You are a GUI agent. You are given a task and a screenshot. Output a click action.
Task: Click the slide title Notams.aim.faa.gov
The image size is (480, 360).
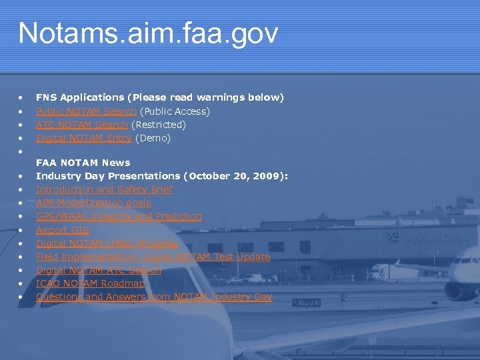tap(148, 33)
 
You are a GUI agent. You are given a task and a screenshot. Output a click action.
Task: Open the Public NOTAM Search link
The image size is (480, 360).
tap(86, 111)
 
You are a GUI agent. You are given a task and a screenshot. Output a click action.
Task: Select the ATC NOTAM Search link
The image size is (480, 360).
tap(81, 125)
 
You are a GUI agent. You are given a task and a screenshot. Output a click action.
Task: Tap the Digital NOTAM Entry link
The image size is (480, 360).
tap(83, 138)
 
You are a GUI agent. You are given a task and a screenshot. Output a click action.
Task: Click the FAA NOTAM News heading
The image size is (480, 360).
tap(83, 163)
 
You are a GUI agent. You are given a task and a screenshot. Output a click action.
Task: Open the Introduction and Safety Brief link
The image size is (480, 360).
tap(104, 189)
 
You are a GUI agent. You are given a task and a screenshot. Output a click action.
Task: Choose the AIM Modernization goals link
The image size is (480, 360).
tap(93, 203)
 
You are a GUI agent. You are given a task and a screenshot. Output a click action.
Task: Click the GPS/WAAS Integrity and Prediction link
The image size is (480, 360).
tap(119, 216)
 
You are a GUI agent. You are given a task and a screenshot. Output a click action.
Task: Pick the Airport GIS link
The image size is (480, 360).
tap(62, 230)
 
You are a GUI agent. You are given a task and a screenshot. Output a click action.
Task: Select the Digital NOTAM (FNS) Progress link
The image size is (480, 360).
tap(107, 243)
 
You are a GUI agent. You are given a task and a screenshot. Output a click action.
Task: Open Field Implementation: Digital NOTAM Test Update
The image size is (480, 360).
tap(153, 257)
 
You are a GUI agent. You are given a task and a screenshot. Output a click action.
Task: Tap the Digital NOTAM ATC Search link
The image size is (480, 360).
tap(99, 270)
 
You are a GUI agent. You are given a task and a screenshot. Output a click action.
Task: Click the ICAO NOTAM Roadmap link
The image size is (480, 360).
tap(90, 283)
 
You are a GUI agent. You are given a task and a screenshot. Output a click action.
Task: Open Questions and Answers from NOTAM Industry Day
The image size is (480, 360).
tap(154, 297)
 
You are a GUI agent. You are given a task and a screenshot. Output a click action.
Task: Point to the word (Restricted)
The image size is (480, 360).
tap(158, 125)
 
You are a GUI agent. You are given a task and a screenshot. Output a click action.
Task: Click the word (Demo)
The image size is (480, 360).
tap(153, 138)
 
